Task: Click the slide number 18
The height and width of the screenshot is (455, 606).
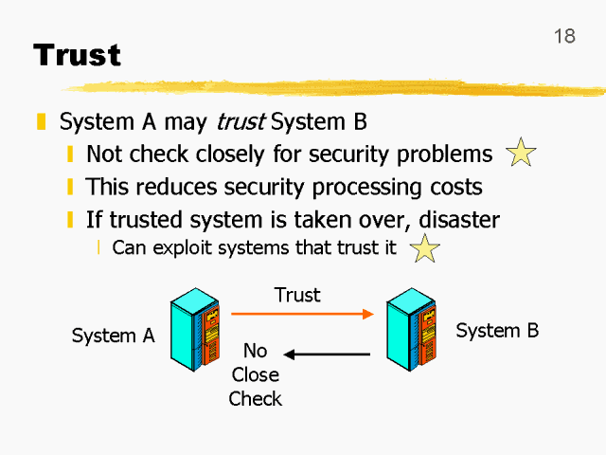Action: pos(564,36)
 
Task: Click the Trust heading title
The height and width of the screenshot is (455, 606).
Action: pos(78,54)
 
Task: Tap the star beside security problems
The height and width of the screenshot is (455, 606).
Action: pos(521,154)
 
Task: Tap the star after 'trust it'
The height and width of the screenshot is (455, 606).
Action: pos(426,249)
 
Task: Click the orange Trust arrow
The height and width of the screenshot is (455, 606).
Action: pos(302,312)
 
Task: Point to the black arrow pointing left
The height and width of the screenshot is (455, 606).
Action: pos(327,355)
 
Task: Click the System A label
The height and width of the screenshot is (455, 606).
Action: pos(113,336)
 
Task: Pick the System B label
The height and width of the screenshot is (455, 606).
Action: pos(497,331)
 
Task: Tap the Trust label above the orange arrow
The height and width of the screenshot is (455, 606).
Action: pos(297,295)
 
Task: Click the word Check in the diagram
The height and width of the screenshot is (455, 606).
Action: pos(256,398)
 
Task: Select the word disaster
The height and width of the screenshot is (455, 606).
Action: pos(458,220)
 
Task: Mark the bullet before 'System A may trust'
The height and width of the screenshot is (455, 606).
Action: pos(41,122)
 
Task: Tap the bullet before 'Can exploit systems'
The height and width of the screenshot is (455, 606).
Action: pos(98,248)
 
